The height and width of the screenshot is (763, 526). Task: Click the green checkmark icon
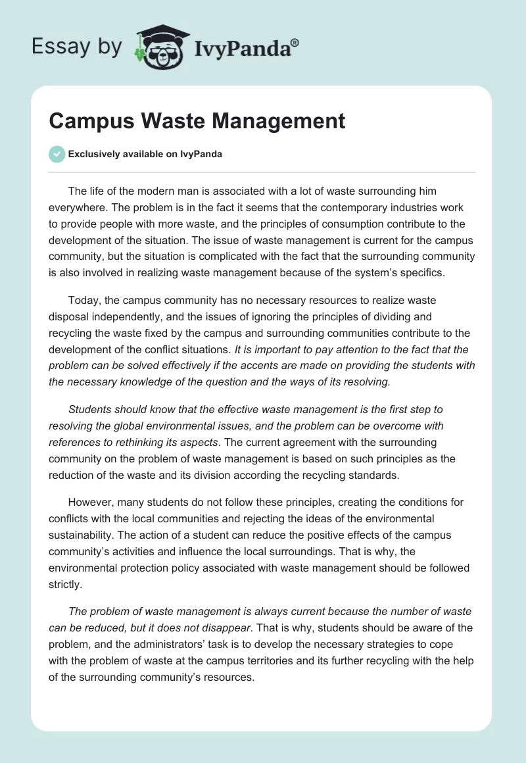tap(57, 154)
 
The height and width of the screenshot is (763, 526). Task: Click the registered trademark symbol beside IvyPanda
tap(295, 42)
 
